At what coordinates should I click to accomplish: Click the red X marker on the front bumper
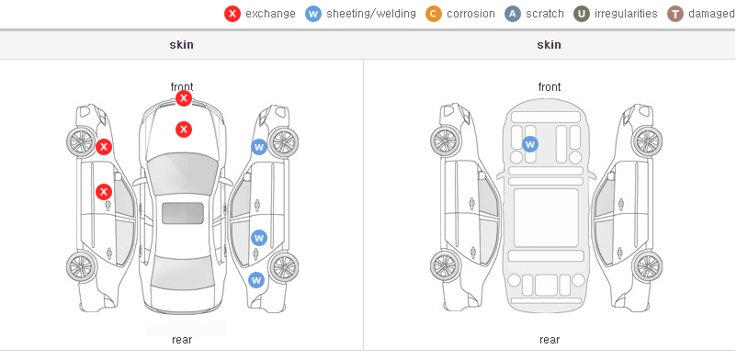point(184,98)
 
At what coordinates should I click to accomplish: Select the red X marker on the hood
point(184,129)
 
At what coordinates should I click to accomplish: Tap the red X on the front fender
point(104,147)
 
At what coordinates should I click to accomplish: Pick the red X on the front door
point(104,192)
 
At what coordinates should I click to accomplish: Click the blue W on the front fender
point(259,147)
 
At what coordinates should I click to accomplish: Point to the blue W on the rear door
point(259,238)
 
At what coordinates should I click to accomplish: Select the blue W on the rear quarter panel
point(256,281)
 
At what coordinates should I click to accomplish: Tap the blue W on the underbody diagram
point(530,144)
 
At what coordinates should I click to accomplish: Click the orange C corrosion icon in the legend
point(434,14)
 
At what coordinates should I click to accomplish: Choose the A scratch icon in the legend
point(513,14)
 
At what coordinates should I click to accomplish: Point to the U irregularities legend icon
point(582,14)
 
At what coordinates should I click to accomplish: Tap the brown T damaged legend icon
point(675,14)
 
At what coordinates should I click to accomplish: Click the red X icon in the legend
point(232,14)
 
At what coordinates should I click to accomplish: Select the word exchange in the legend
point(270,14)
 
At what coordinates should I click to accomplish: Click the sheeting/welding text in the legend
point(371,14)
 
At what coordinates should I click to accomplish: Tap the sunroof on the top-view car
point(183,213)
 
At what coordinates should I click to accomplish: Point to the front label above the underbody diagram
point(550,87)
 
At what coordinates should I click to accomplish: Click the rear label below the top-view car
point(182,340)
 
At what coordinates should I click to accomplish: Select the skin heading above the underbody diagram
point(549,45)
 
